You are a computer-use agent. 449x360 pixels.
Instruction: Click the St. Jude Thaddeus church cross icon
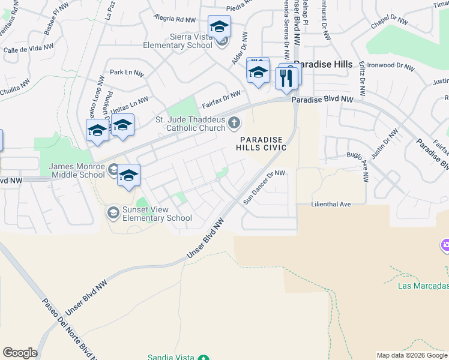[x=235, y=124]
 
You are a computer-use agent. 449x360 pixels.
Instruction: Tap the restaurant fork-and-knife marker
[x=286, y=77]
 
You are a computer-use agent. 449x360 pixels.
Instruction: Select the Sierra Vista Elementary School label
[x=178, y=40]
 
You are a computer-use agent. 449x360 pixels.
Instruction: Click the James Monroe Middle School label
[x=77, y=170]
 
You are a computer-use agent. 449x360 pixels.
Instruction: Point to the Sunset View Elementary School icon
[x=113, y=212]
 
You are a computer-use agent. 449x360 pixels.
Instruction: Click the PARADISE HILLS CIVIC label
[x=261, y=143]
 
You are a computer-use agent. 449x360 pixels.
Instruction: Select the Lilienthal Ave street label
[x=331, y=204]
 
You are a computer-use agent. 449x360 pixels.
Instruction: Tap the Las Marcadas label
[x=423, y=285]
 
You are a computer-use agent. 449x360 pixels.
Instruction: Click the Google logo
[x=20, y=352]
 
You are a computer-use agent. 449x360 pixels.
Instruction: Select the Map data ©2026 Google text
[x=411, y=355]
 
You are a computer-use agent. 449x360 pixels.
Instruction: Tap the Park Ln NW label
[x=127, y=73]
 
